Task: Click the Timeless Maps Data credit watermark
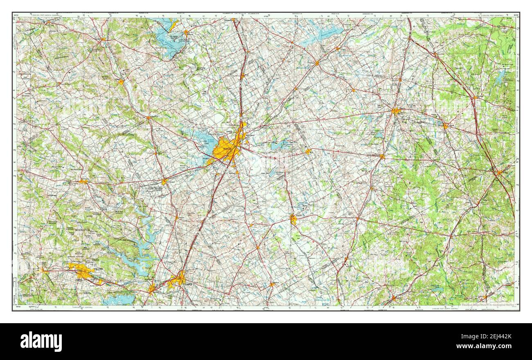pyautogui.click(x=487, y=304)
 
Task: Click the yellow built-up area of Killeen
pyautogui.click(x=82, y=271)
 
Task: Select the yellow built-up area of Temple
pyautogui.click(x=178, y=280)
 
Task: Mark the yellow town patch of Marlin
pyautogui.click(x=293, y=220)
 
